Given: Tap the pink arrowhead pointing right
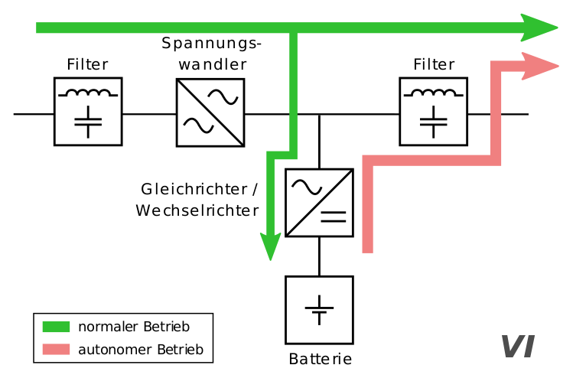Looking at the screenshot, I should pyautogui.click(x=541, y=67).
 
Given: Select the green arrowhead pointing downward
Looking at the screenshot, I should pyautogui.click(x=270, y=246).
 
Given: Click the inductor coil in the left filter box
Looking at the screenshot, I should pyautogui.click(x=88, y=93).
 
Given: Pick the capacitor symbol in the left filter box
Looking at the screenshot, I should pyautogui.click(x=88, y=121).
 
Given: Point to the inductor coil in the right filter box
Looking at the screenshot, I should pyautogui.click(x=434, y=93).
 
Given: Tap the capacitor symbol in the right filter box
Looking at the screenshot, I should pyautogui.click(x=434, y=121).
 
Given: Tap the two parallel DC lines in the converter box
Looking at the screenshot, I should pyautogui.click(x=333, y=216).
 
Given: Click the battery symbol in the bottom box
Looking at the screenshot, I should pyautogui.click(x=319, y=310).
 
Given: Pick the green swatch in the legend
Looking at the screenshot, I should pyautogui.click(x=56, y=327).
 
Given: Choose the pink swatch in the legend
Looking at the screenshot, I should pyautogui.click(x=56, y=350).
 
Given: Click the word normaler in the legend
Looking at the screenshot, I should pyautogui.click(x=109, y=327).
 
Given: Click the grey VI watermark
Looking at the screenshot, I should pyautogui.click(x=518, y=347).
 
